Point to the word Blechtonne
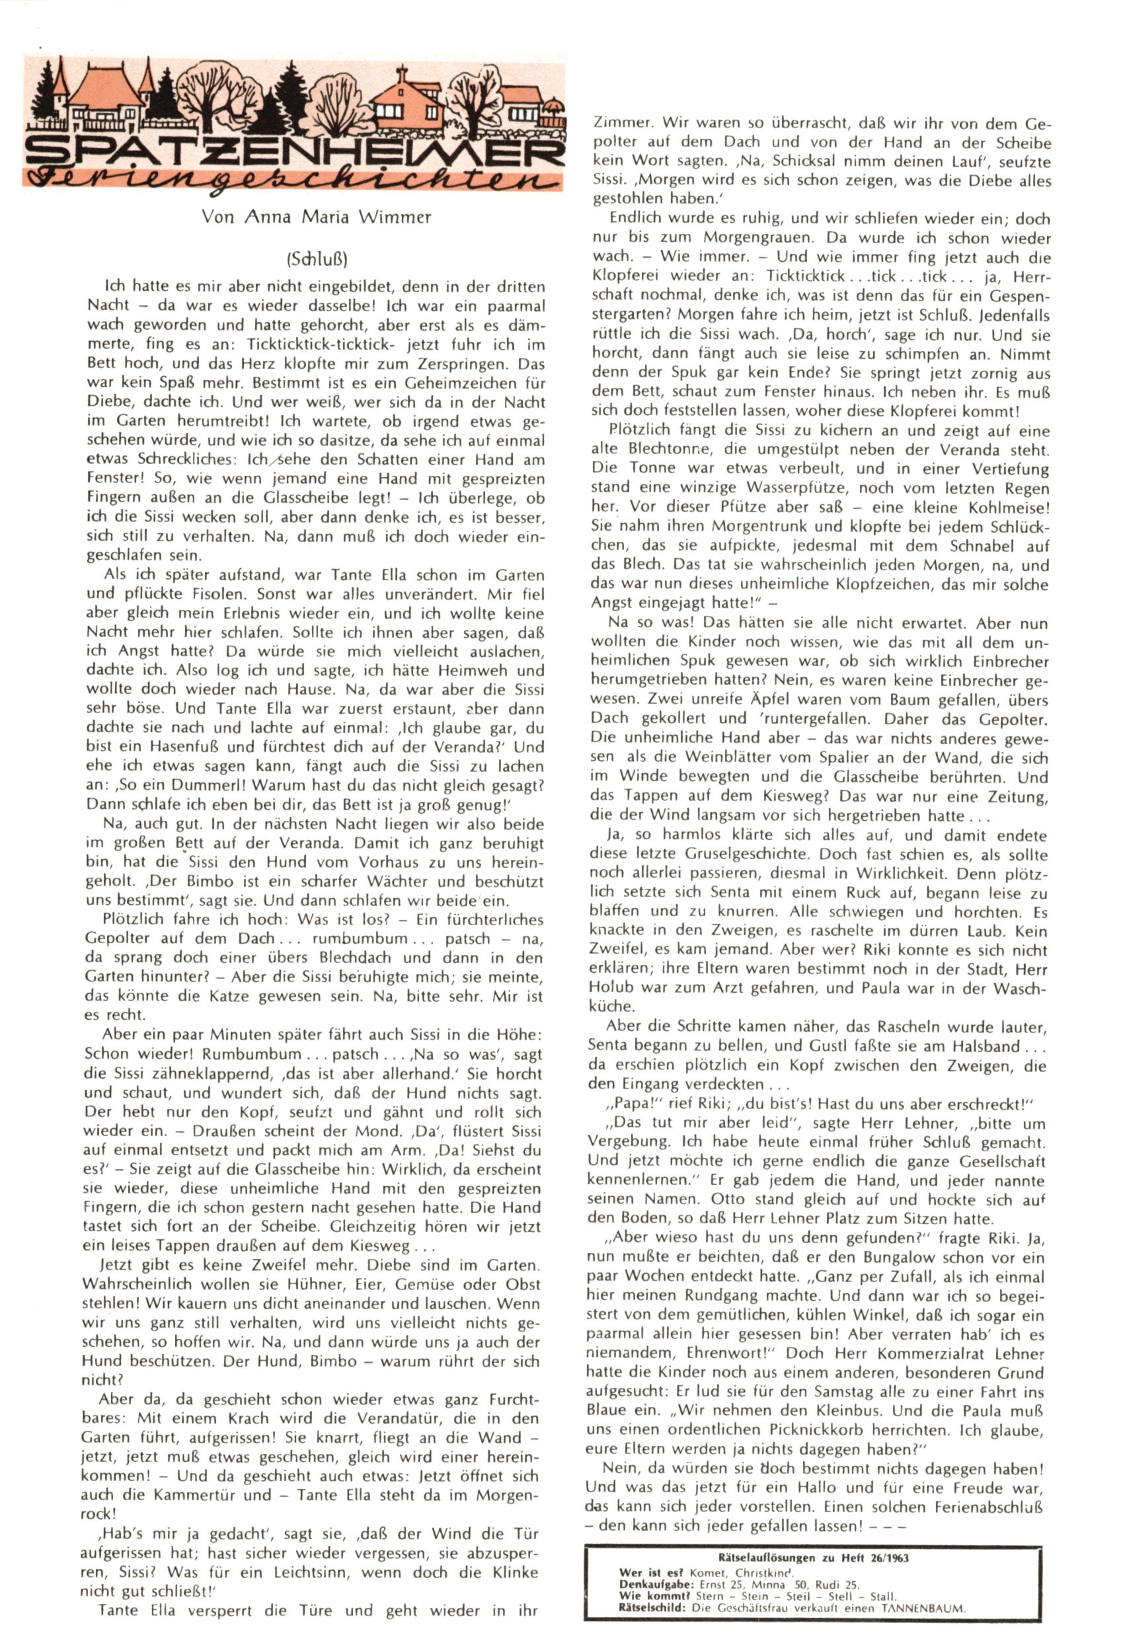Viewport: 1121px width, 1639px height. [x=669, y=449]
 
